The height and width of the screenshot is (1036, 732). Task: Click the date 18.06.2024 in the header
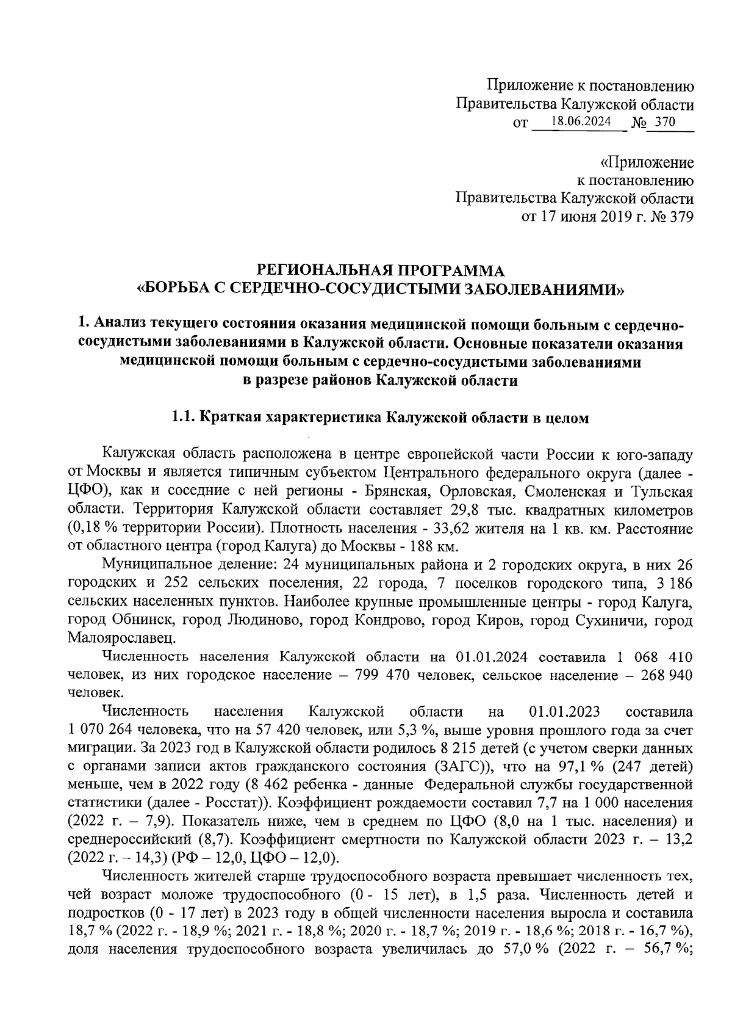coord(580,121)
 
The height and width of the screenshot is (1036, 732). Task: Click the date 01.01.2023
coord(565,712)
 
